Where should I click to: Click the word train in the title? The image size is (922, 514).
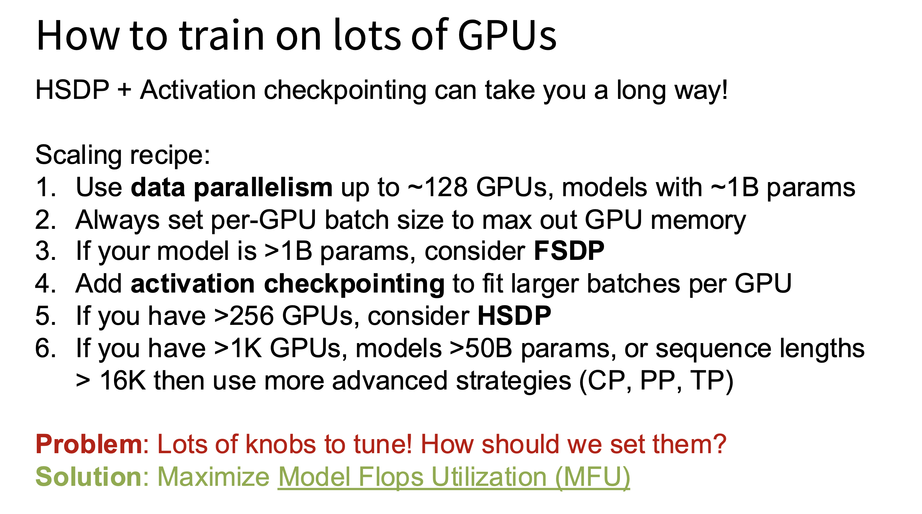222,36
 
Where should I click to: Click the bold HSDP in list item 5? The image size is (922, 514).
514,316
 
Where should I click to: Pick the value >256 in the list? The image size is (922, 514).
244,316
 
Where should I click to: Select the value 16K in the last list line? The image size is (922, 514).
122,381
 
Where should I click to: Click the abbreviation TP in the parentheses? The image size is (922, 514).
707,381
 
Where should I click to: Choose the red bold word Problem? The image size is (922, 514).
89,444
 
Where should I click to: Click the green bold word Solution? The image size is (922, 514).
89,477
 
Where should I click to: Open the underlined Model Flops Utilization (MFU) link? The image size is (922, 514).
454,478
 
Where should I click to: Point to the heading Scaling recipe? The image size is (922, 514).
123,156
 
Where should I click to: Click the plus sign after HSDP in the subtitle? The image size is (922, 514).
124,90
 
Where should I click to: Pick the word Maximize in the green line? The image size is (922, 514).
214,477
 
